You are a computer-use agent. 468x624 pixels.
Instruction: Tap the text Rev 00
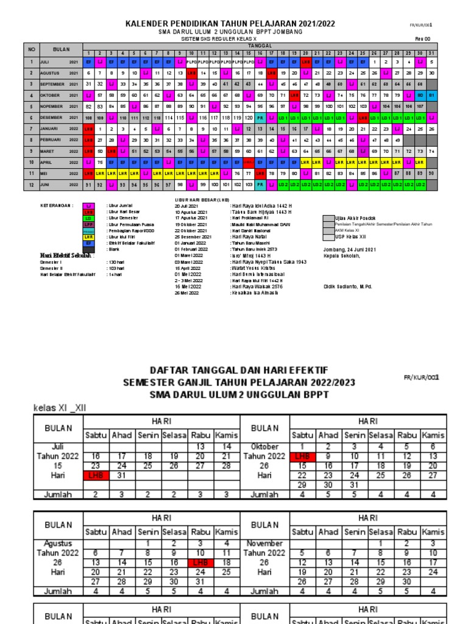(422, 38)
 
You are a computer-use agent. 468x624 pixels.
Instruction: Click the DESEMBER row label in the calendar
(52, 117)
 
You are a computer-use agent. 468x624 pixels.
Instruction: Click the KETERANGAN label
(57, 206)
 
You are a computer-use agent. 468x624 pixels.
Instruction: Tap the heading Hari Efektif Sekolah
(62, 255)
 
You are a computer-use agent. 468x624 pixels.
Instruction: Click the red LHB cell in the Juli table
(95, 475)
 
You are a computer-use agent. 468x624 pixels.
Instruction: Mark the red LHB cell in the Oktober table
(302, 456)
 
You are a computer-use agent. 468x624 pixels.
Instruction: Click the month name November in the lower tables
(264, 543)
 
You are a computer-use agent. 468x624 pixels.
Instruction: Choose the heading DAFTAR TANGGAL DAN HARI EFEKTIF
(239, 370)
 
